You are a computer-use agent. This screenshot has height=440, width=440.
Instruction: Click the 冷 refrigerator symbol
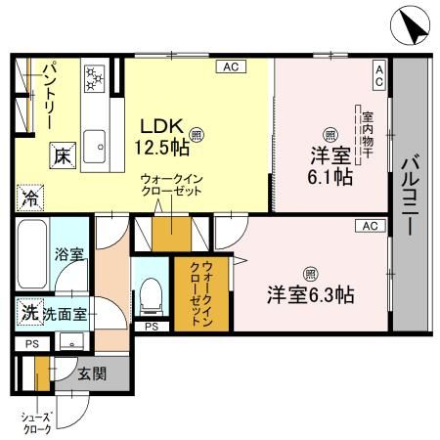pyautogui.click(x=27, y=195)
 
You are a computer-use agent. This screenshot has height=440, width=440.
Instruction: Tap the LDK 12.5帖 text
pyautogui.click(x=162, y=140)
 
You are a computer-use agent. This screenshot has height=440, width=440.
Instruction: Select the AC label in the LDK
pyautogui.click(x=231, y=66)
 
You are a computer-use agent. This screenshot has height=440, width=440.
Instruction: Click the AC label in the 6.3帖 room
pyautogui.click(x=369, y=226)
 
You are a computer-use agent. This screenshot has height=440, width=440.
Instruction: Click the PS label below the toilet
pyautogui.click(x=150, y=327)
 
